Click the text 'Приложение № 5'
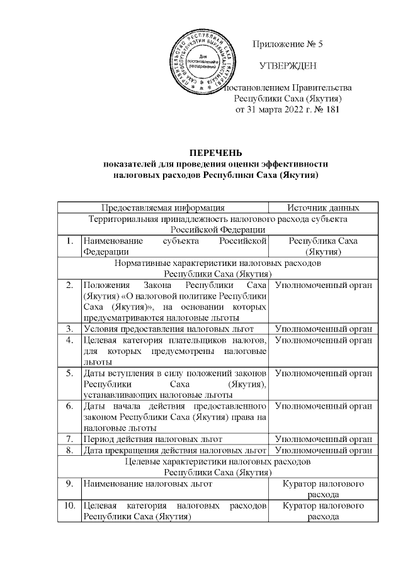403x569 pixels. [287, 44]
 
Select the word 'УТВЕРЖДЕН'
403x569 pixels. [288, 66]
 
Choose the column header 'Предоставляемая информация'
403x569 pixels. [163, 207]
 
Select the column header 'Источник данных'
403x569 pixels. [323, 207]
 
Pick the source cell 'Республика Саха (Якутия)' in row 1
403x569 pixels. [323, 246]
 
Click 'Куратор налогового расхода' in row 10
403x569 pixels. [323, 511]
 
